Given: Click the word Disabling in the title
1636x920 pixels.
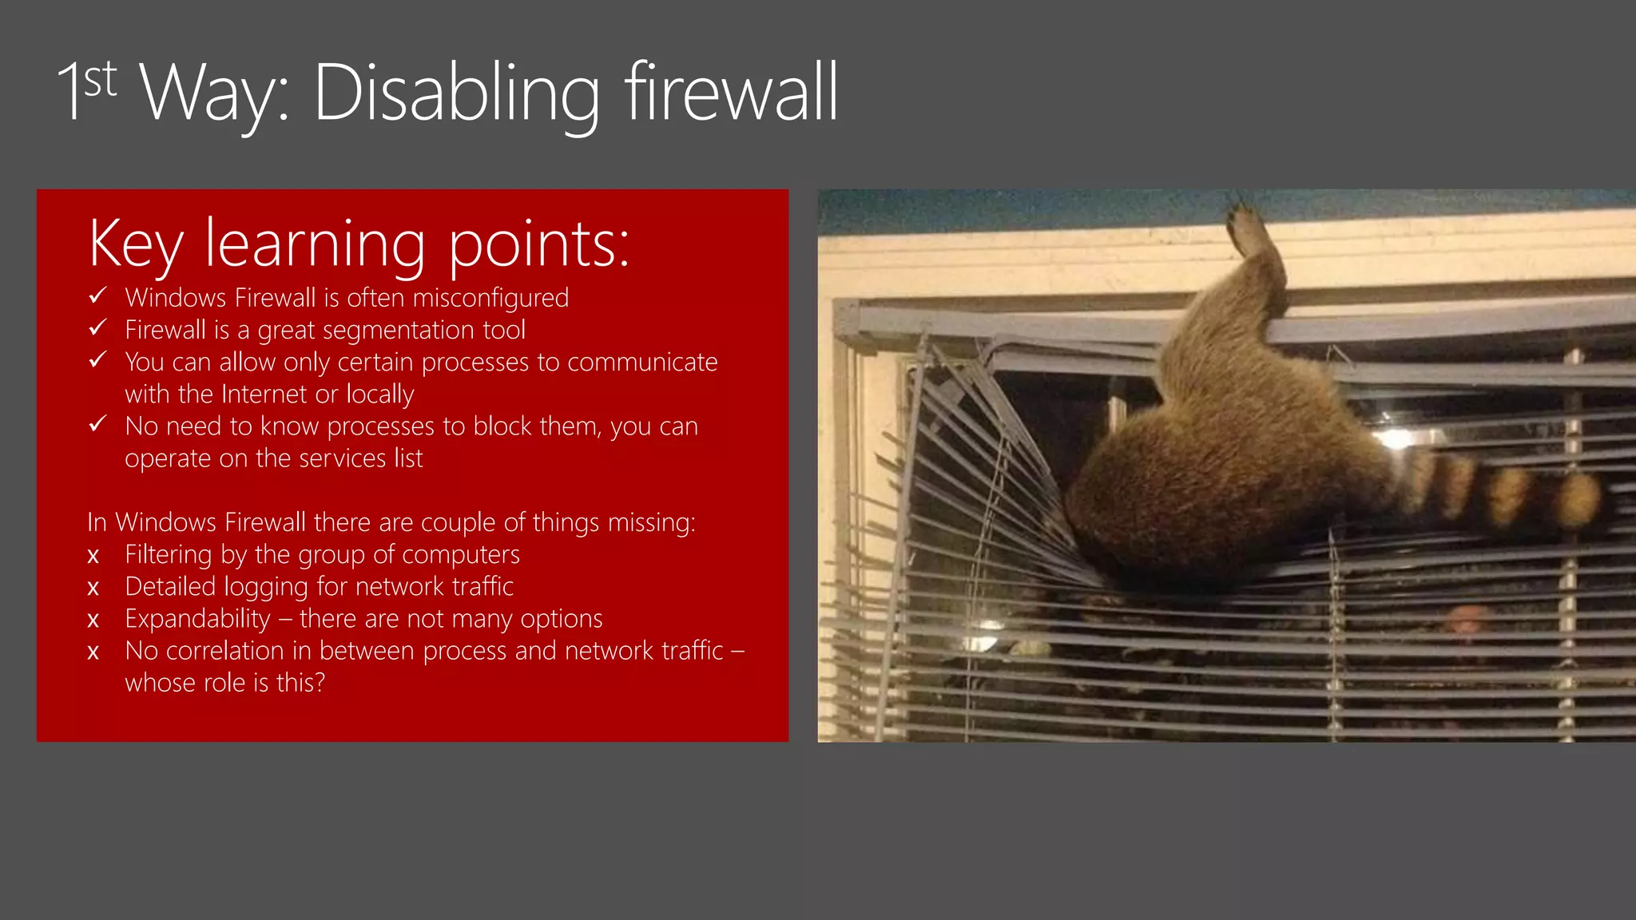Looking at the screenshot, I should click(456, 93).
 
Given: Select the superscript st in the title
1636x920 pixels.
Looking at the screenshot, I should click(101, 80).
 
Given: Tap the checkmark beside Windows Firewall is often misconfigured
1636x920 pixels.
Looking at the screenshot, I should click(97, 296).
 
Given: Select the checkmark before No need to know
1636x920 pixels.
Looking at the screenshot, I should click(97, 424).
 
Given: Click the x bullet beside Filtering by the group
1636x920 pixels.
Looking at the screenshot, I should click(93, 556).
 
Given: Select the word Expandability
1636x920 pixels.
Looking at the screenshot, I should click(198, 619).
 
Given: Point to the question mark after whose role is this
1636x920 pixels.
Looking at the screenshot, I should click(320, 683).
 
